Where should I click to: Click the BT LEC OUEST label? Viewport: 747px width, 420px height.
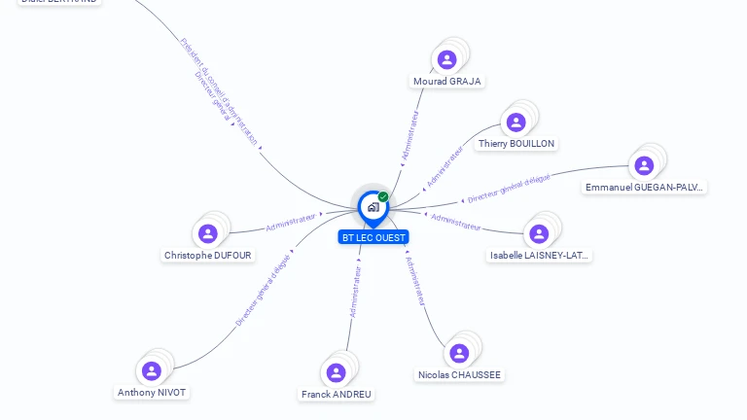pyautogui.click(x=373, y=237)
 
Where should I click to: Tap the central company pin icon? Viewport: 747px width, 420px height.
pyautogui.click(x=373, y=206)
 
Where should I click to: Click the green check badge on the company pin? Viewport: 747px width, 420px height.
pyautogui.click(x=383, y=196)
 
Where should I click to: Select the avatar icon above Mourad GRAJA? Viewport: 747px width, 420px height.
pyautogui.click(x=447, y=59)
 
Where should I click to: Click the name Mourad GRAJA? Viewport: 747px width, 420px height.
pyautogui.click(x=447, y=82)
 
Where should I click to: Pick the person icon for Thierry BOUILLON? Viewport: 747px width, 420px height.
pyautogui.click(x=516, y=122)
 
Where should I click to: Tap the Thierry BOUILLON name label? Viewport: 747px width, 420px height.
pyautogui.click(x=516, y=144)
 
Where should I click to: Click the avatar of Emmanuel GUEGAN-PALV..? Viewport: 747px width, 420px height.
pyautogui.click(x=644, y=165)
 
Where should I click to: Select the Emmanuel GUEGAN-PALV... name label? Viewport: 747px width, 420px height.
pyautogui.click(x=644, y=187)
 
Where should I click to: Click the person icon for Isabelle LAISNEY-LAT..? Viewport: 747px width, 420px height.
pyautogui.click(x=539, y=233)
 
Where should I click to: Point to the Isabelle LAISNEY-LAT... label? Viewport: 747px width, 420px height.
pyautogui.click(x=540, y=256)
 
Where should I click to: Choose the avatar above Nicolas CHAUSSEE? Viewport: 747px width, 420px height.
pyautogui.click(x=459, y=353)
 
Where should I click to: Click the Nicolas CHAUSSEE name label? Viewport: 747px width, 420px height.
pyautogui.click(x=459, y=375)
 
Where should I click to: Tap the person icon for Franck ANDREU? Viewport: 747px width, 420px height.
pyautogui.click(x=336, y=372)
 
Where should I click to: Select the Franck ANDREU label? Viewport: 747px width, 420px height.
pyautogui.click(x=336, y=395)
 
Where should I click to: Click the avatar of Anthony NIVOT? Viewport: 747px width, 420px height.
pyautogui.click(x=151, y=370)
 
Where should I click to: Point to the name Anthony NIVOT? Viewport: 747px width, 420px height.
pyautogui.click(x=152, y=393)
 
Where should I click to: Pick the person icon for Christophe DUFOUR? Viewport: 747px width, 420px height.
pyautogui.click(x=207, y=233)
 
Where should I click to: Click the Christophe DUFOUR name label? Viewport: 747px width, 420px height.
pyautogui.click(x=207, y=256)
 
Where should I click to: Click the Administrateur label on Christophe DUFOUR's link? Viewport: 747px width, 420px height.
pyautogui.click(x=292, y=223)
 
